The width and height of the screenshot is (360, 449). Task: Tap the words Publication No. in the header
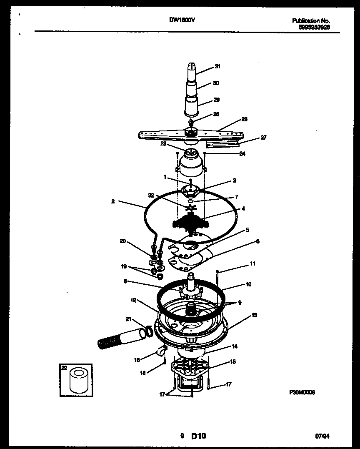click(311, 20)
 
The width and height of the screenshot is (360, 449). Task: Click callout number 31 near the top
click(217, 66)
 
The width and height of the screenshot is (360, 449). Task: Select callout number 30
click(215, 83)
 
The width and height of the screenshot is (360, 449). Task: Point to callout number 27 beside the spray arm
click(263, 137)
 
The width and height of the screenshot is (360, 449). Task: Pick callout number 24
click(242, 153)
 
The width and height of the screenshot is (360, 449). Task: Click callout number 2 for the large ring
click(113, 201)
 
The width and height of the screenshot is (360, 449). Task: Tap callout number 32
click(151, 195)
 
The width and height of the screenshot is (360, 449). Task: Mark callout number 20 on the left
click(122, 241)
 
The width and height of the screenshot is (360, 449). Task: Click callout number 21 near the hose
click(128, 319)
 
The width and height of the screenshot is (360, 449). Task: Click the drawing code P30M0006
click(302, 392)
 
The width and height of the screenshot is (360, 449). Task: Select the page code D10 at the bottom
click(198, 436)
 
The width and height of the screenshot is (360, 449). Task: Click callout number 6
click(258, 241)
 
